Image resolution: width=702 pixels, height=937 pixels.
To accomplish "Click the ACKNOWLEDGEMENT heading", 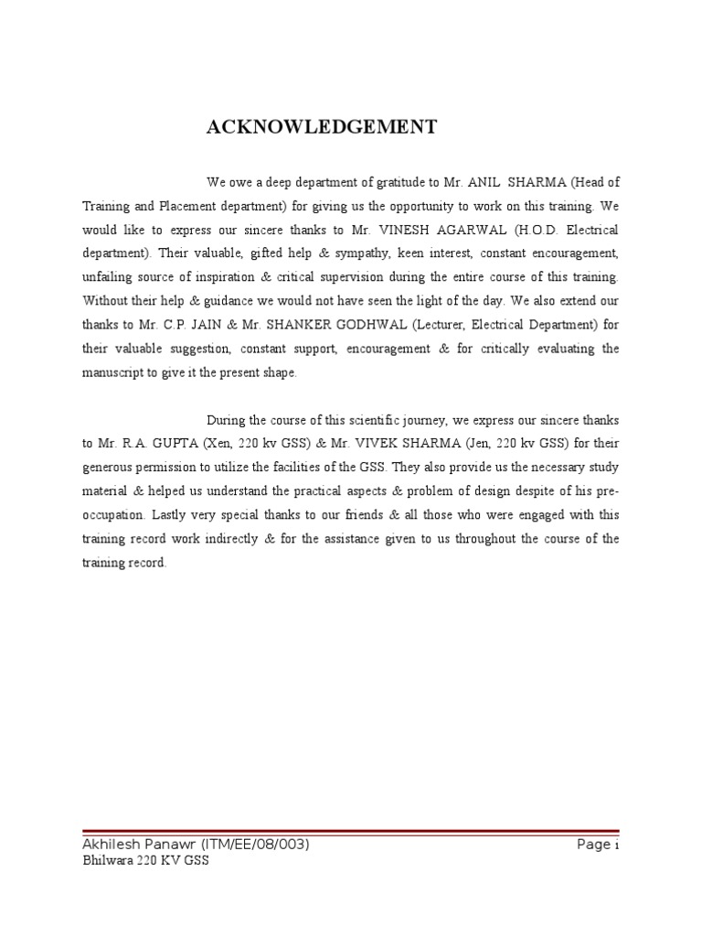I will [x=322, y=127].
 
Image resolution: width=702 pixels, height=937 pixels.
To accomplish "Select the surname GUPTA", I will [x=170, y=444].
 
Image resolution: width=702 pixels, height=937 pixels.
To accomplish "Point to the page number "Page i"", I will [x=598, y=845].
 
